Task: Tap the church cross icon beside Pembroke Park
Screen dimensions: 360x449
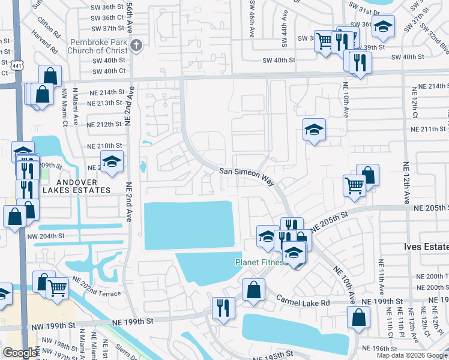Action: click(x=136, y=46)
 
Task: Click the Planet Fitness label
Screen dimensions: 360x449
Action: click(x=259, y=263)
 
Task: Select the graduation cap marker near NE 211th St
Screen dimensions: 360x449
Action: click(x=314, y=130)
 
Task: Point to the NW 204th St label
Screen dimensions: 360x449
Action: click(x=45, y=236)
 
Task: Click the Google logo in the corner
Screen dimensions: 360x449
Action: click(x=20, y=353)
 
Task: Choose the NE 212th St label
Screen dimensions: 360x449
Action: click(x=104, y=125)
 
